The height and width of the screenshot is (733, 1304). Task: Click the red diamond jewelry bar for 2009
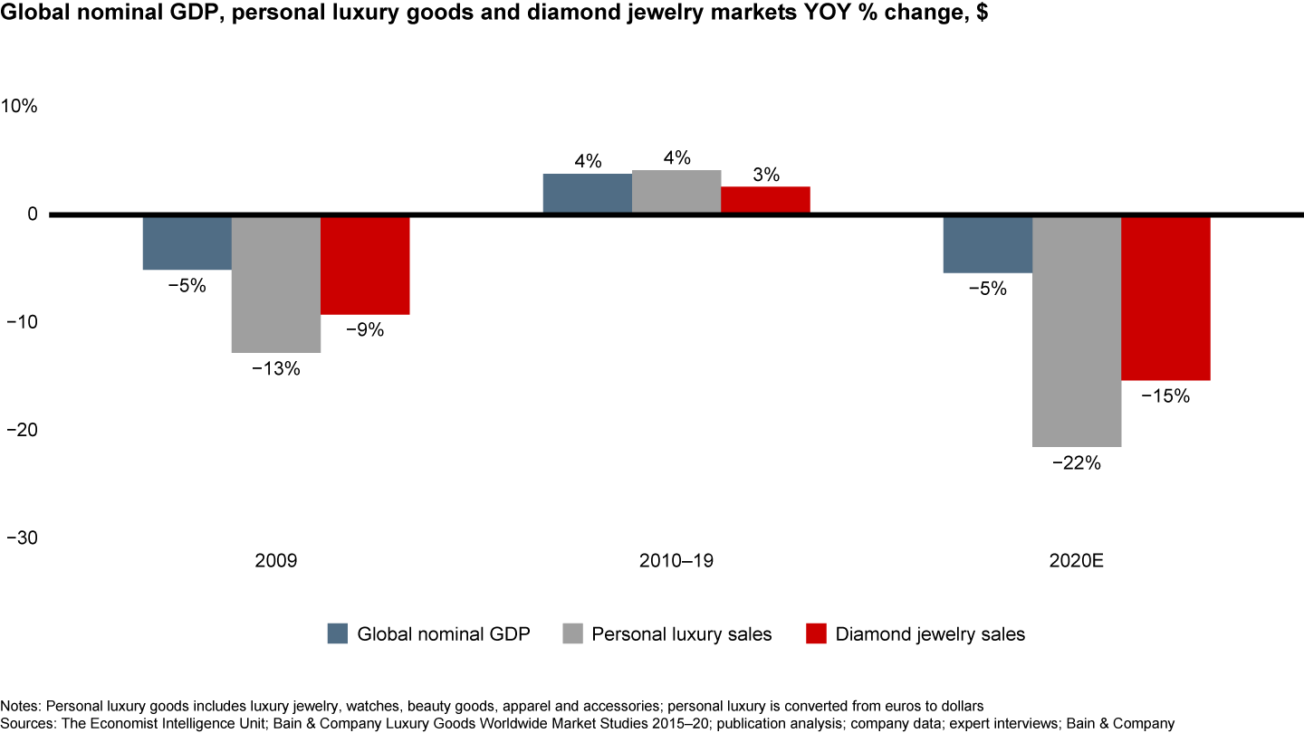click(x=365, y=265)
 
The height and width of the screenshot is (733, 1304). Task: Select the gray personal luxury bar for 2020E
click(x=1077, y=331)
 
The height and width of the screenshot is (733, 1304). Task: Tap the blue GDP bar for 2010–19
click(x=587, y=194)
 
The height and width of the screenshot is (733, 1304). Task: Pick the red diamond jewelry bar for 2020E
click(x=1165, y=299)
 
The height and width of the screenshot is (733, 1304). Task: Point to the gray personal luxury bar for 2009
click(x=276, y=284)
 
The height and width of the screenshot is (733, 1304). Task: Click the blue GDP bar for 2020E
click(x=987, y=244)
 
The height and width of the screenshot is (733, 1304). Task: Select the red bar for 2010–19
click(x=765, y=200)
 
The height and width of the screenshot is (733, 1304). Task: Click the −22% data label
click(x=1077, y=463)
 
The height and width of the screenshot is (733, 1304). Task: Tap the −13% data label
click(x=275, y=369)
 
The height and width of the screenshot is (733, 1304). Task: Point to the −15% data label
click(x=1165, y=396)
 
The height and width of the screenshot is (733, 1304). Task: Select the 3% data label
click(x=765, y=176)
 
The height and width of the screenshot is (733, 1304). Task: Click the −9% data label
click(x=365, y=330)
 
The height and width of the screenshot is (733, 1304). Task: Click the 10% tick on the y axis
click(x=20, y=106)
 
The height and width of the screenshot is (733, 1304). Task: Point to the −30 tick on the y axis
click(x=22, y=538)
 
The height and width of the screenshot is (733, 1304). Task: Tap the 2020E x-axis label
click(x=1077, y=561)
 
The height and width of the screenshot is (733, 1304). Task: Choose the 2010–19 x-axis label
click(x=676, y=561)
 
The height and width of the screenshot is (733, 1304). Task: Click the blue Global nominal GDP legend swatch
click(x=338, y=633)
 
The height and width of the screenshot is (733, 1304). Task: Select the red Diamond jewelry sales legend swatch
click(x=816, y=633)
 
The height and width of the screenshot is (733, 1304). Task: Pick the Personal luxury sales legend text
click(x=682, y=634)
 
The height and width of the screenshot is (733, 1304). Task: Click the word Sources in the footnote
click(x=25, y=723)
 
